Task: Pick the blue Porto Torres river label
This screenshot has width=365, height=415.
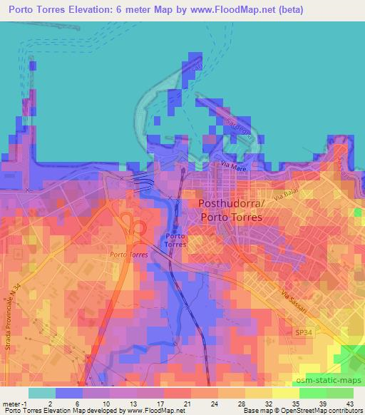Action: (x=176, y=240)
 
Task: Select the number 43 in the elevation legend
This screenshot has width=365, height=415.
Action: (x=349, y=403)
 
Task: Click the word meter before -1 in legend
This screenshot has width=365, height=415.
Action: (x=11, y=403)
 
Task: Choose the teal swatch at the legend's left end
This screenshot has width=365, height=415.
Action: (x=42, y=393)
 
